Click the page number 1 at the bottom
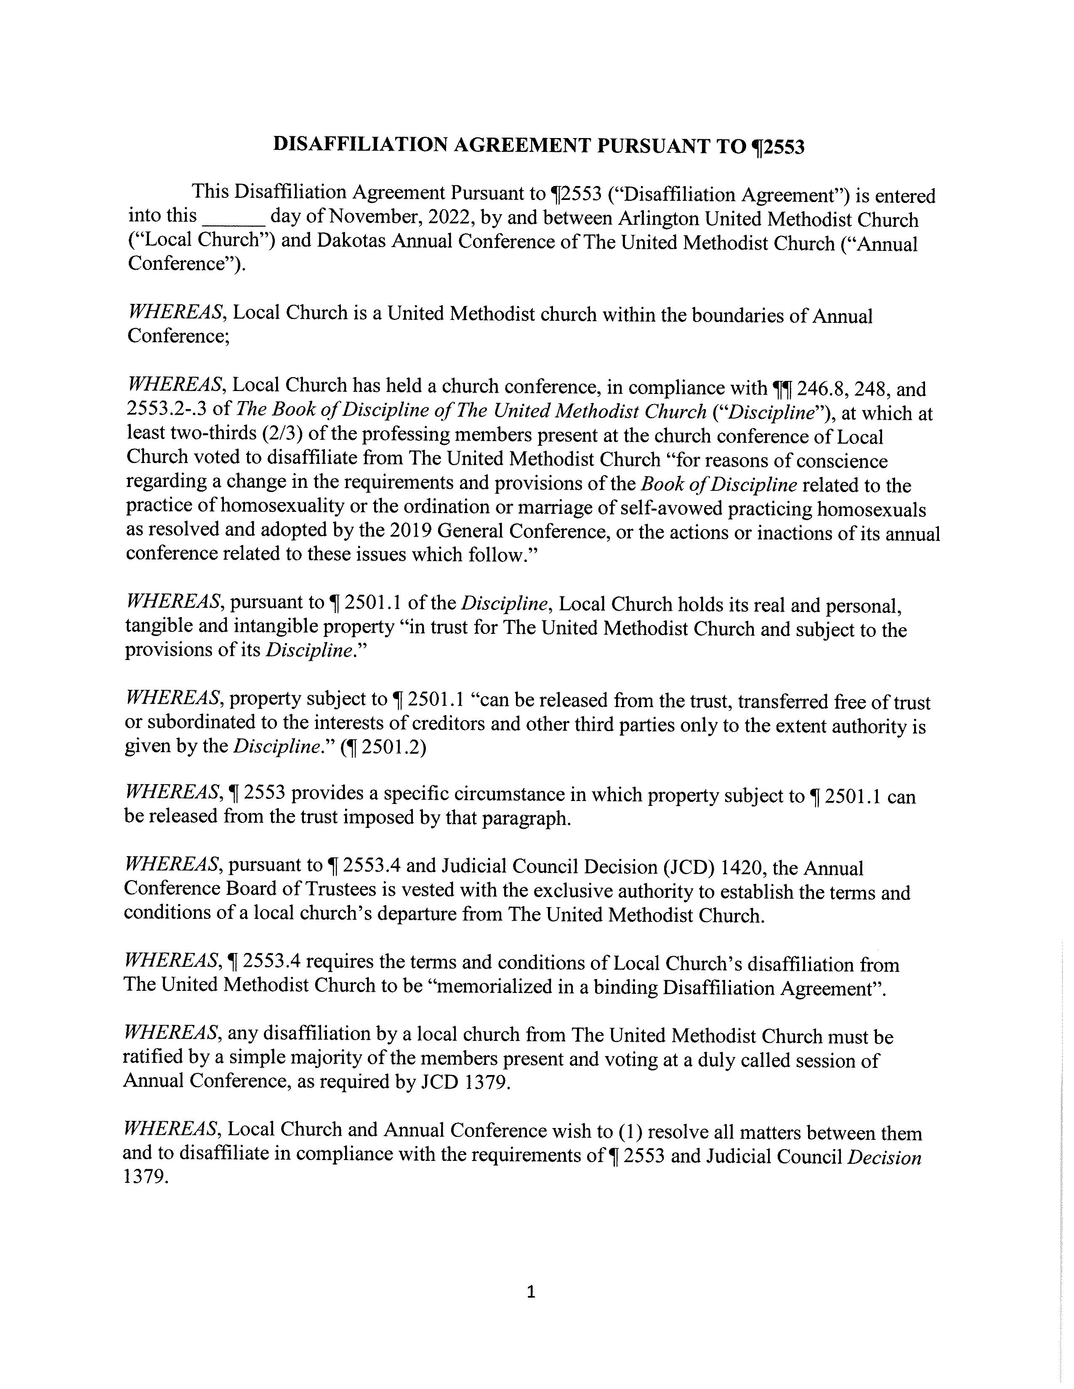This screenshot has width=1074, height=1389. point(532,1292)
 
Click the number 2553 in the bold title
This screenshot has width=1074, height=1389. point(784,147)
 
